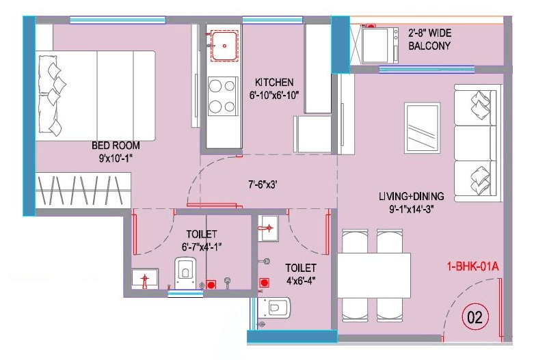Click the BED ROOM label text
[x=116, y=146]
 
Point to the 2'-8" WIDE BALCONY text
[x=429, y=40]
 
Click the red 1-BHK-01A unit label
[x=472, y=266]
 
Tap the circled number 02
[x=474, y=316]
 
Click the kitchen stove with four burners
[x=222, y=96]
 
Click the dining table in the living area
[x=373, y=275]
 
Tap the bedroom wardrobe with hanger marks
[x=83, y=191]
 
